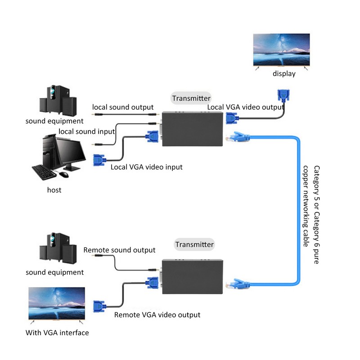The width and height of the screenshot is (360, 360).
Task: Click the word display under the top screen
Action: click(x=284, y=73)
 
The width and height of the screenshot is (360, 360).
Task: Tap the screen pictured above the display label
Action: click(x=281, y=49)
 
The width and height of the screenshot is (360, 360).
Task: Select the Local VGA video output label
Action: click(x=245, y=107)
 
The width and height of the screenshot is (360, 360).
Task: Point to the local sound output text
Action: click(x=123, y=107)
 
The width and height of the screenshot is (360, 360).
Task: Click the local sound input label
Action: click(x=87, y=131)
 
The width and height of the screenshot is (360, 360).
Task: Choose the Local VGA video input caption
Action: click(x=147, y=167)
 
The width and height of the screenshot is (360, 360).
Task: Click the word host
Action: click(x=54, y=190)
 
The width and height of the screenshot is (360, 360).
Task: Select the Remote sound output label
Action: click(x=119, y=250)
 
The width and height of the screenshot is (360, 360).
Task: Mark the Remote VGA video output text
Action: click(x=157, y=315)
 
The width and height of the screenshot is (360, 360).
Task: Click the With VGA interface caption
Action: click(x=57, y=333)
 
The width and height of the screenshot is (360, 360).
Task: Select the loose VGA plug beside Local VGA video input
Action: click(x=99, y=161)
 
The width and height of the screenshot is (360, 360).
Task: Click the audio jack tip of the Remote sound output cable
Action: click(x=94, y=256)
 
